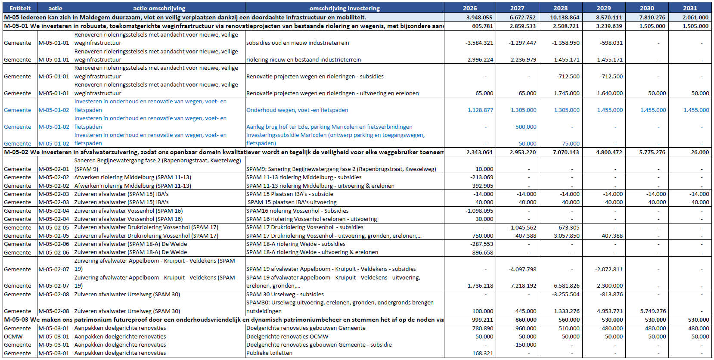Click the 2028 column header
[560, 8]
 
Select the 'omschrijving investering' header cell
[345, 8]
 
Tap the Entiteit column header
[20, 8]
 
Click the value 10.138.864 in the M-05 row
[565, 18]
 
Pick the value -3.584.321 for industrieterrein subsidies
[479, 43]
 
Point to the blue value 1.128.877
[480, 110]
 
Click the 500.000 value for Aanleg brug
[526, 127]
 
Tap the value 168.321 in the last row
[483, 354]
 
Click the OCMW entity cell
[13, 337]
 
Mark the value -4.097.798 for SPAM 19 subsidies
[522, 270]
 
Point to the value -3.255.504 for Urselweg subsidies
[565, 295]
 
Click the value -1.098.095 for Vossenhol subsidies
[479, 211]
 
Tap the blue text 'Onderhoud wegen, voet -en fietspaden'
[297, 110]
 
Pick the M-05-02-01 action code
[54, 169]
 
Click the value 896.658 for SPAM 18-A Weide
[483, 253]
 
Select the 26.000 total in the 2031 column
[700, 152]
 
